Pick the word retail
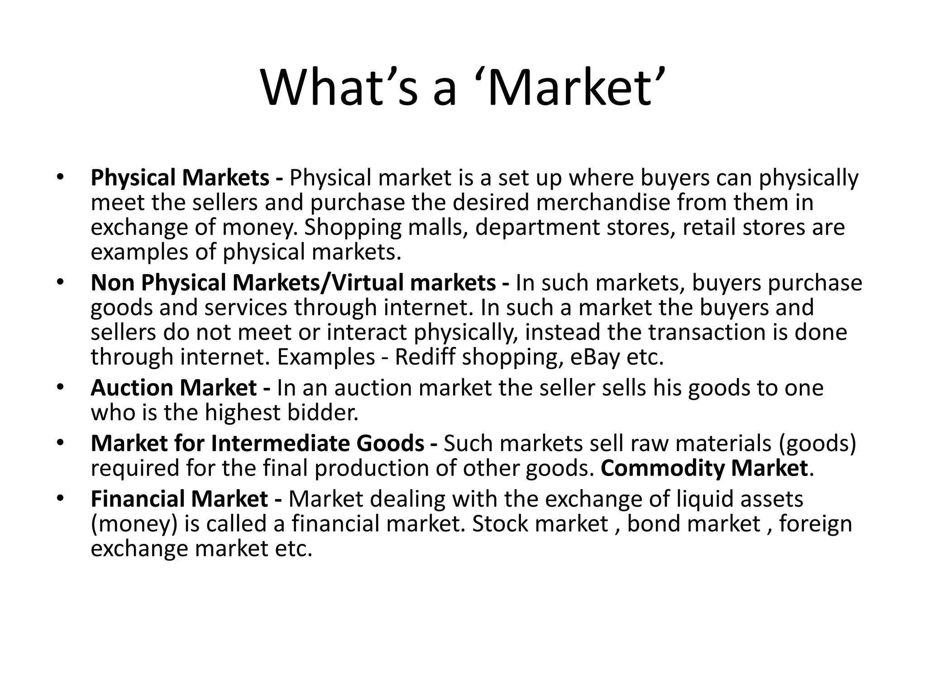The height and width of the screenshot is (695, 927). point(709,227)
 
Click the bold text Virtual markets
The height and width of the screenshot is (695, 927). point(414,283)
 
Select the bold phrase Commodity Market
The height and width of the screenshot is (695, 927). point(704,468)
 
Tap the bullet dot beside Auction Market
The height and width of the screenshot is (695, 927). point(59,388)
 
